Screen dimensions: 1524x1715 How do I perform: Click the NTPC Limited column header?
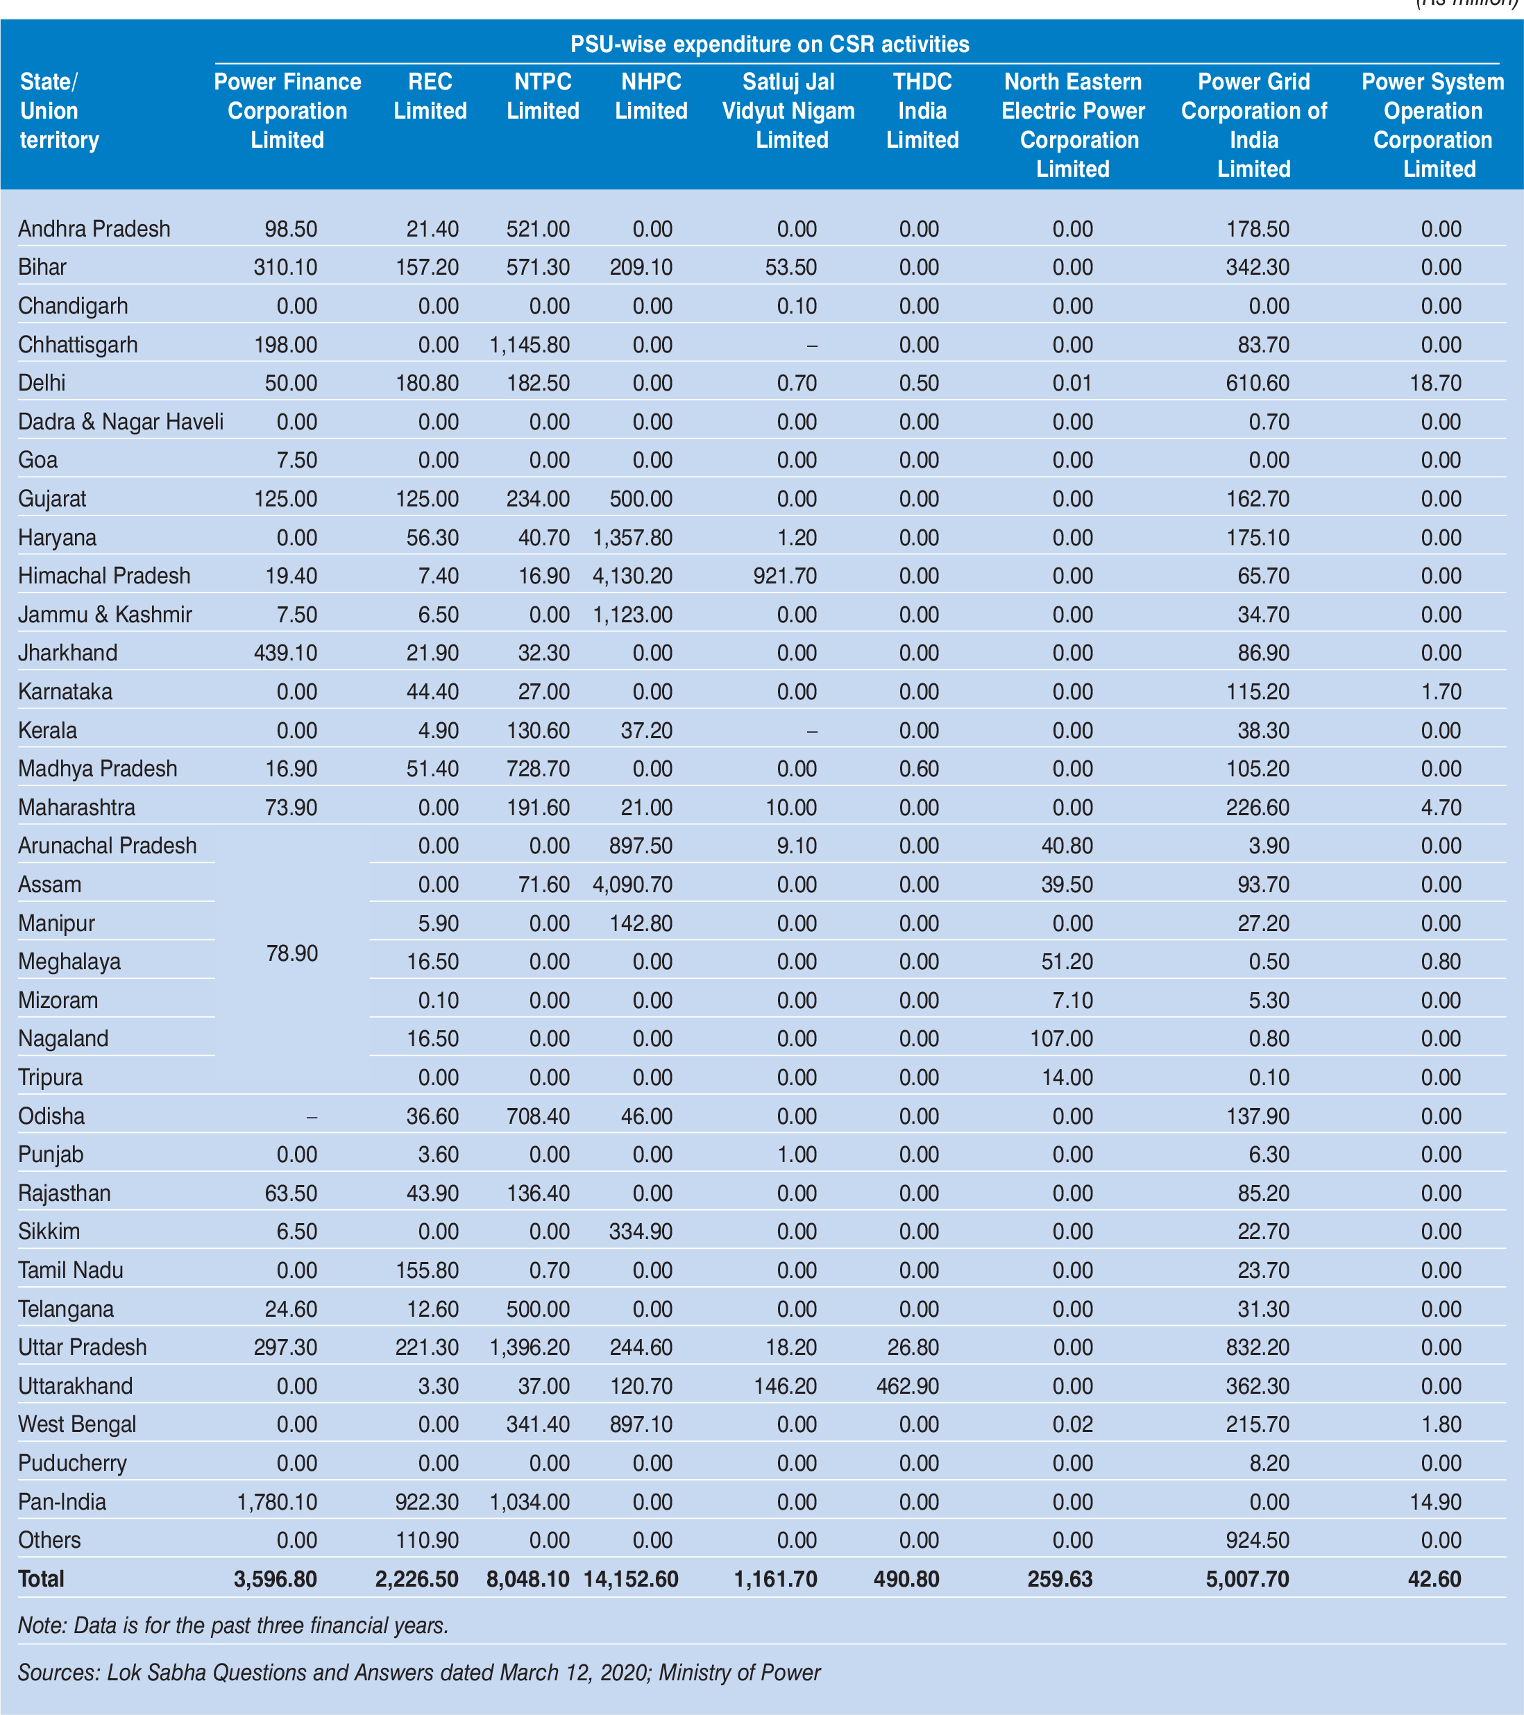[543, 96]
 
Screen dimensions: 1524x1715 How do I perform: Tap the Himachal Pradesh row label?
[104, 577]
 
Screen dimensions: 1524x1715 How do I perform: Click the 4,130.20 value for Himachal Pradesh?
[632, 577]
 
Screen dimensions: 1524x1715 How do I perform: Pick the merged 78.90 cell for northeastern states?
[292, 953]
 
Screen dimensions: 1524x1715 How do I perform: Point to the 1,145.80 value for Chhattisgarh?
[530, 345]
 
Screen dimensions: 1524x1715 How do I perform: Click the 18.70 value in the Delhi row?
[1441, 384]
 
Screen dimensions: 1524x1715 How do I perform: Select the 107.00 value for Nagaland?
[1062, 1039]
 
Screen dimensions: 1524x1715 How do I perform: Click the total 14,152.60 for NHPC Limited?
[631, 1579]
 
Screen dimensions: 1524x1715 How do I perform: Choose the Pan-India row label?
[62, 1502]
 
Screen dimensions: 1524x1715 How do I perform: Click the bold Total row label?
[41, 1579]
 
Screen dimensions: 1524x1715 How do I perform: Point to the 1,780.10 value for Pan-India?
[277, 1502]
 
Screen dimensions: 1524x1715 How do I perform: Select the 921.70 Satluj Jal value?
[785, 577]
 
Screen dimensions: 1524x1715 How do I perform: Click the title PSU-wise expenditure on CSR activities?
[770, 44]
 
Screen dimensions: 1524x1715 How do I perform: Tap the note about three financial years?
[233, 1626]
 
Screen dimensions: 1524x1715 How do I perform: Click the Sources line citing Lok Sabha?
[418, 1673]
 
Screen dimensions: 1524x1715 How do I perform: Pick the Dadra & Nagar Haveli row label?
[121, 422]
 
